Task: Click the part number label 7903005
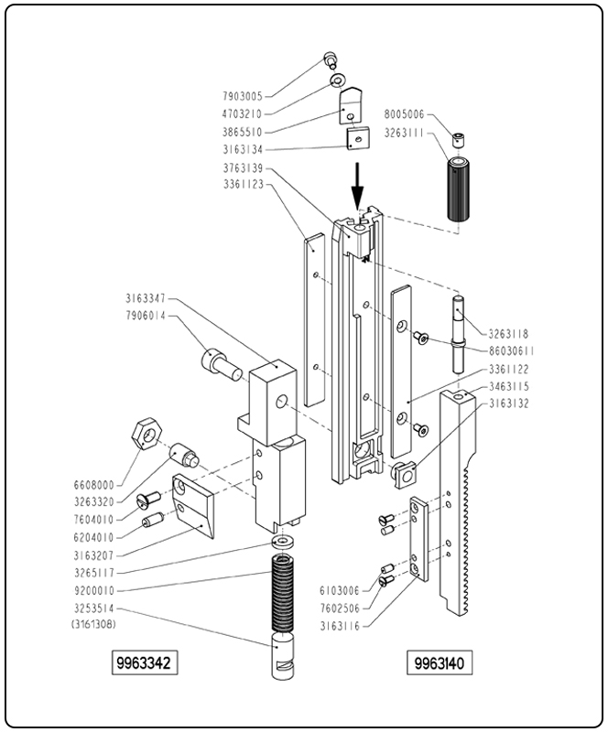243,96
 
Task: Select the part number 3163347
147,298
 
